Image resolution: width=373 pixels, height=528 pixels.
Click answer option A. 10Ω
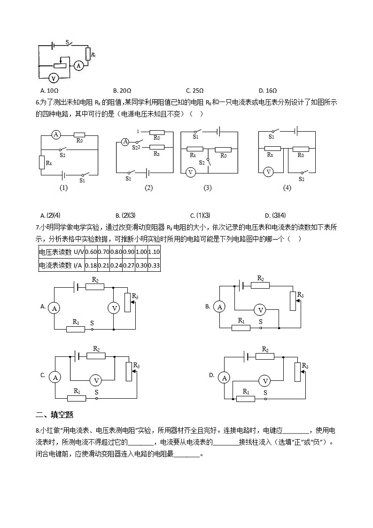point(49,91)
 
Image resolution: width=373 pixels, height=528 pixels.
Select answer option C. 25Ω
point(194,91)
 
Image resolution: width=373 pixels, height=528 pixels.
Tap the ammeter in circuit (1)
point(56,134)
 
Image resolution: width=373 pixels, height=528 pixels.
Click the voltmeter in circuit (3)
point(191,172)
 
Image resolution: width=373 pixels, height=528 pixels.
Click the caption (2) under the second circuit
point(149,188)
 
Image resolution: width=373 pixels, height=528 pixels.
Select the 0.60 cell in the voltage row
point(91,252)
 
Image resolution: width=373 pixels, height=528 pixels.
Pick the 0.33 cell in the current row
point(154,266)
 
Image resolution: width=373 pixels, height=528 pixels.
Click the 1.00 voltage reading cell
point(141,252)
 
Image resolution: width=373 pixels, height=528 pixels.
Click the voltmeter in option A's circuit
point(114,308)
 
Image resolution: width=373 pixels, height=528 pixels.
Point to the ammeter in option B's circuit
point(219,307)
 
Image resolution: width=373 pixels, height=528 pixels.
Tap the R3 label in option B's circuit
point(300,295)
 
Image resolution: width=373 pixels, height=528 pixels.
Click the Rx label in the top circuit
point(93,55)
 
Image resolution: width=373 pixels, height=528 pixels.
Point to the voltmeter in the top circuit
point(54,78)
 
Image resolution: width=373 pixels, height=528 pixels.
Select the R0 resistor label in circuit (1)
point(79,140)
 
